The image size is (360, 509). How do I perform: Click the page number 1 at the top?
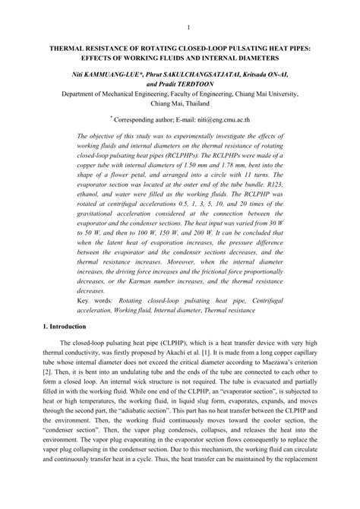point(186,30)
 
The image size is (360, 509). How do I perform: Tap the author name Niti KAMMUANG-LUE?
point(100,74)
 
